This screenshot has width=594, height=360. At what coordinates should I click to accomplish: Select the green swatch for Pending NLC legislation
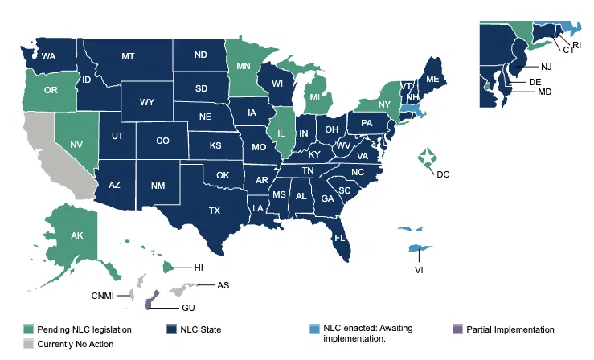(x=28, y=329)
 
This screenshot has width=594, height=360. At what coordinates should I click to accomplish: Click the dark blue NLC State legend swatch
(x=172, y=329)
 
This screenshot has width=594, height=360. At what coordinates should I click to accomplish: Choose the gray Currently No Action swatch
(x=28, y=344)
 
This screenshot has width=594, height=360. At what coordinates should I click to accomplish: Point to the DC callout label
(x=443, y=174)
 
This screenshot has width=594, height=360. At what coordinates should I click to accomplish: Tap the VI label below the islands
(x=418, y=269)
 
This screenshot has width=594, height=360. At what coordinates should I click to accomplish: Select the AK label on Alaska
(x=77, y=236)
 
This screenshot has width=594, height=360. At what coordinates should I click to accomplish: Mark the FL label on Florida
(x=340, y=239)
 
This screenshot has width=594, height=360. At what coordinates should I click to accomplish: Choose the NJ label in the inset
(x=546, y=66)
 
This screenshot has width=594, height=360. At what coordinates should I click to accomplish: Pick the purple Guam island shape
(x=147, y=303)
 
